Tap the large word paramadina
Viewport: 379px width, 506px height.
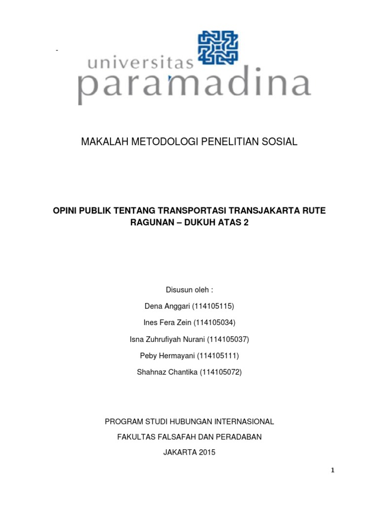pos(194,88)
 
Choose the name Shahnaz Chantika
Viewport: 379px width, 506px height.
pos(166,372)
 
